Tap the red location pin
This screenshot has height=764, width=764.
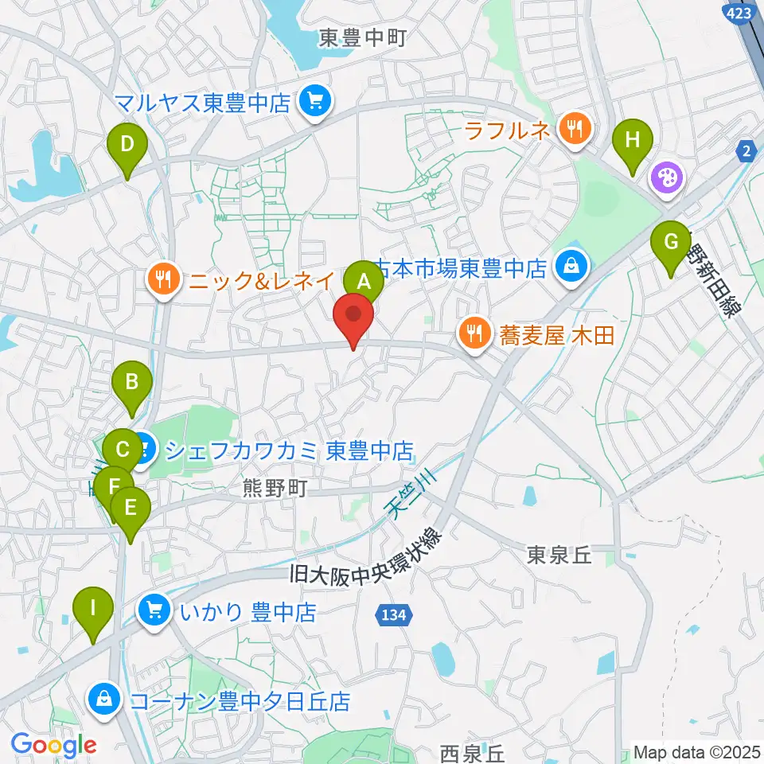(x=354, y=318)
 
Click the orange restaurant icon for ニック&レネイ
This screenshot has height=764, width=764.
(x=162, y=279)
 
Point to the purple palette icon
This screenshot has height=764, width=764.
(x=665, y=177)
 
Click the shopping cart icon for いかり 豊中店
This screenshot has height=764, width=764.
(x=154, y=611)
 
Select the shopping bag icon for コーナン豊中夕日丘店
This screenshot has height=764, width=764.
(x=104, y=700)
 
